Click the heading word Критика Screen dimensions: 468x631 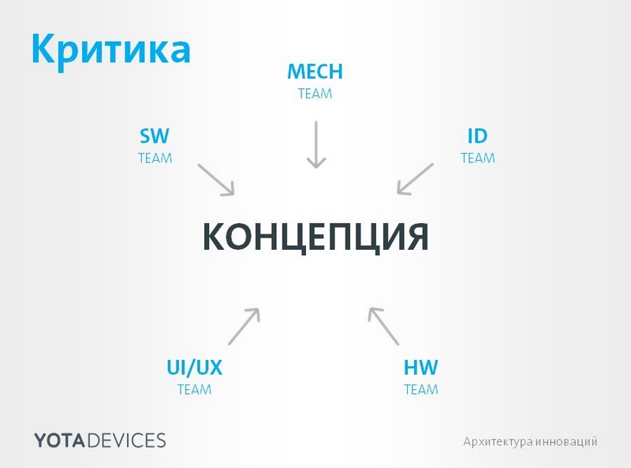pos(110,48)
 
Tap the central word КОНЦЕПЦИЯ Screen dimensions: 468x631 pos(315,236)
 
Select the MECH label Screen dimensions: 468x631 pos(315,72)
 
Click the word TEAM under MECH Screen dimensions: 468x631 pos(315,94)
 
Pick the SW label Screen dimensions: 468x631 pos(155,136)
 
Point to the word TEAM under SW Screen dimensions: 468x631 pos(155,158)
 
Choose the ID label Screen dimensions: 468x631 pos(477,136)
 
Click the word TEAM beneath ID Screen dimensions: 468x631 pos(477,158)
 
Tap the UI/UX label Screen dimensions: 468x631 pos(194,368)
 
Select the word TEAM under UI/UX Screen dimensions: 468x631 pos(194,389)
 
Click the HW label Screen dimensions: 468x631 pos(420,368)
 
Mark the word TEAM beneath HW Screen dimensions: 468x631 pos(420,389)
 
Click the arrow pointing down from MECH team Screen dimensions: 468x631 pos(315,144)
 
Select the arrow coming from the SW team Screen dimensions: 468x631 pos(216,180)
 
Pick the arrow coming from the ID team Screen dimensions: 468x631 pos(415,179)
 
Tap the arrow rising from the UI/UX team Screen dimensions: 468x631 pos(244,326)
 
